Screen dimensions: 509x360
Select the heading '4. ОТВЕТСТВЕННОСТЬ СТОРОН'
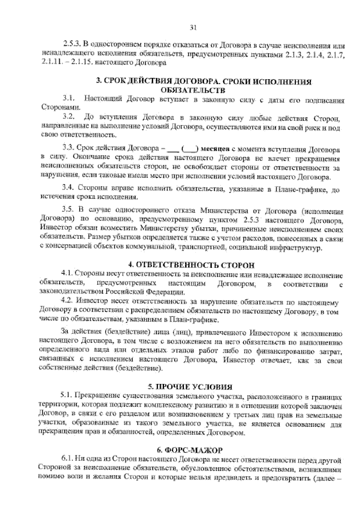coord(191,265)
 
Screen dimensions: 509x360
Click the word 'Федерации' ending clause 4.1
coord(166,291)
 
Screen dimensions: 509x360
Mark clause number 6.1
coord(67,459)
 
